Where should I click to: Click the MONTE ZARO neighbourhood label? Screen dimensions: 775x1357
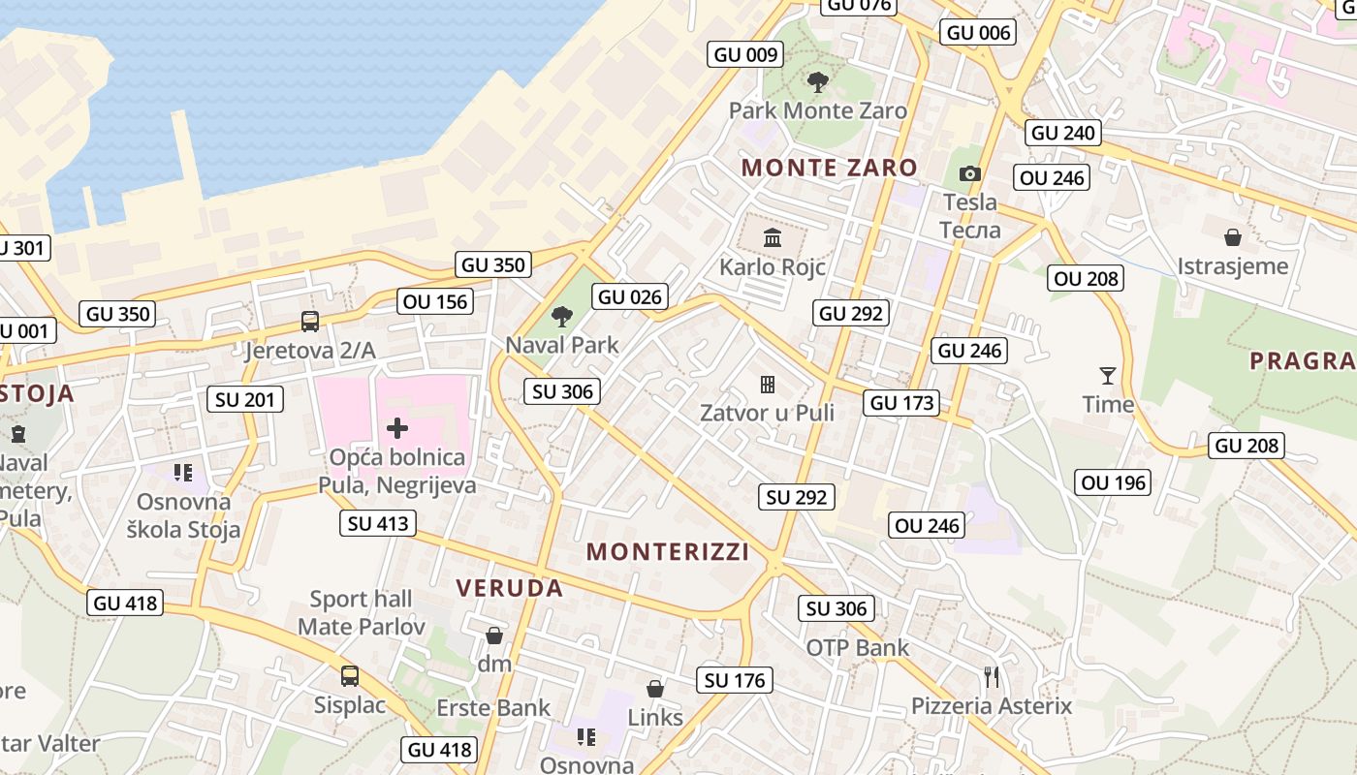830,168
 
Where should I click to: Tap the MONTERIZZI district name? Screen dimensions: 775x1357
668,552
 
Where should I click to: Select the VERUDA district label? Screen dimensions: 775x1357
509,588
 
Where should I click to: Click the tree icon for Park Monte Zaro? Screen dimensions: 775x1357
818,82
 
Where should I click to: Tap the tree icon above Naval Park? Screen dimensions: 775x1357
561,316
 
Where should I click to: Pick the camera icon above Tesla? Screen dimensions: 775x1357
969,174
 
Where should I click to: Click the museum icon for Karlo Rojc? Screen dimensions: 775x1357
773,237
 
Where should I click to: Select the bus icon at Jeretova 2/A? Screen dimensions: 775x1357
310,321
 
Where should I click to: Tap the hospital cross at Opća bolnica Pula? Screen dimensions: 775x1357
397,427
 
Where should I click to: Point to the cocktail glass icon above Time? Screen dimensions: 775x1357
1108,375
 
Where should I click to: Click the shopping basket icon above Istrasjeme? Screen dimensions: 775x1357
1233,237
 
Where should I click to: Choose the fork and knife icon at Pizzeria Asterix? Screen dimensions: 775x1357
991,676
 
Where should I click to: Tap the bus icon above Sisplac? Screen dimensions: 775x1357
350,675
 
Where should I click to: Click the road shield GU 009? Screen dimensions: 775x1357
745,54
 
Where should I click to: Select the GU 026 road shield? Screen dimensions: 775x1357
631,296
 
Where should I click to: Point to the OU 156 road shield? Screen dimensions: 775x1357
435,301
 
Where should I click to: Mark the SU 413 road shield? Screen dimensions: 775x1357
378,524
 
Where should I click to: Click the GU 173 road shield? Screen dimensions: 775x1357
902,403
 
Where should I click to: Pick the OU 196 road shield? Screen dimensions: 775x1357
1114,482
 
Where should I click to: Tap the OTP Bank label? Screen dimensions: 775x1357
858,648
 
